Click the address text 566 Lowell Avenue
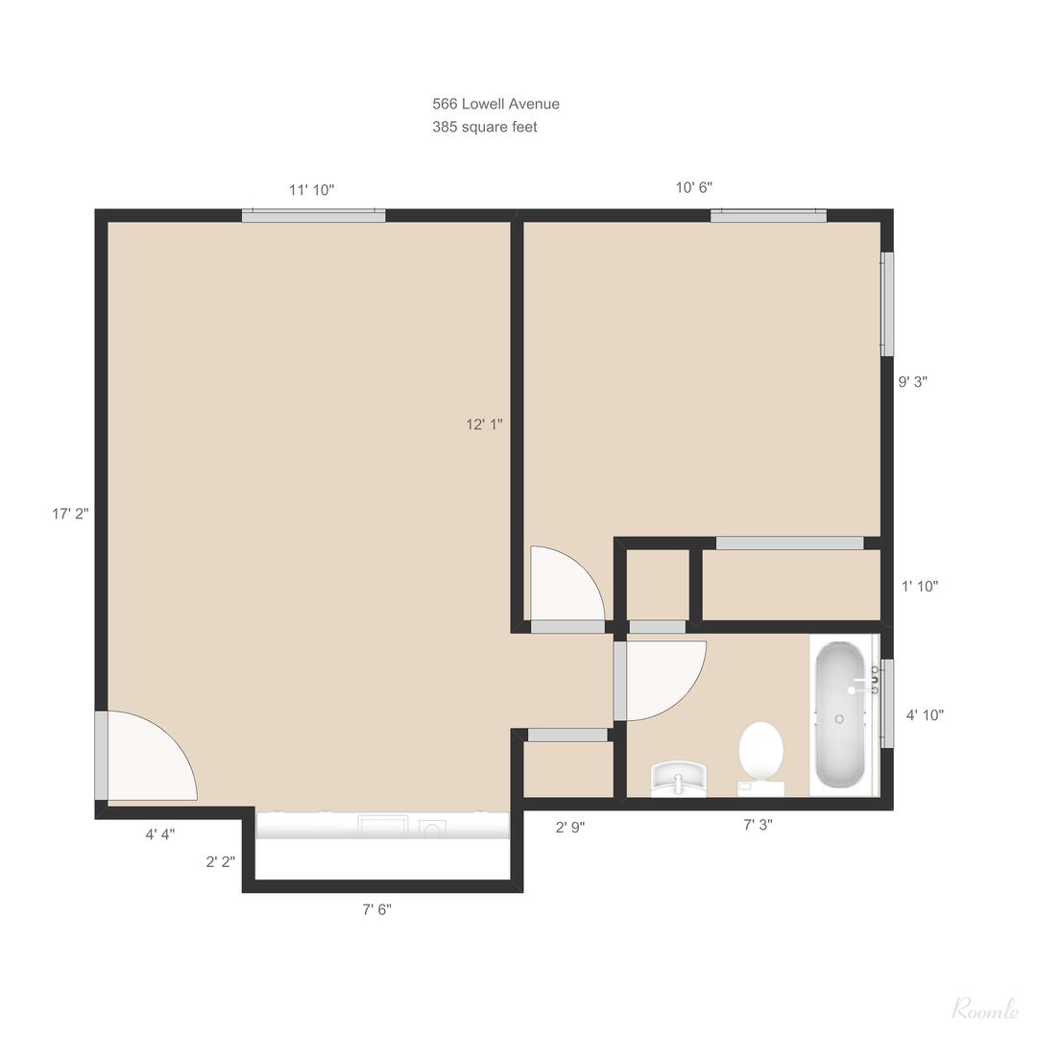coord(495,104)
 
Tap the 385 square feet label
coord(484,127)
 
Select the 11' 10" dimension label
coord(311,190)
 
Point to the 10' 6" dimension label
coord(694,188)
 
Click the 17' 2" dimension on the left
coord(70,513)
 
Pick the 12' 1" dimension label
coord(484,424)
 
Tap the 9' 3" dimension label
coord(913,381)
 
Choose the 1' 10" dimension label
coord(920,586)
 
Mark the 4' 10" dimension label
coord(925,715)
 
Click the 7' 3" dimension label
coord(758,825)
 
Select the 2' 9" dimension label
coord(570,828)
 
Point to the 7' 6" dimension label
coord(376,910)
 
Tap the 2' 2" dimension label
coord(220,862)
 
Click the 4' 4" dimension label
coord(160,834)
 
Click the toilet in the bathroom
coord(760,759)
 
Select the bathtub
coord(839,714)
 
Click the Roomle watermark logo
coord(985,1009)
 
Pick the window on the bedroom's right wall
coord(887,304)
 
